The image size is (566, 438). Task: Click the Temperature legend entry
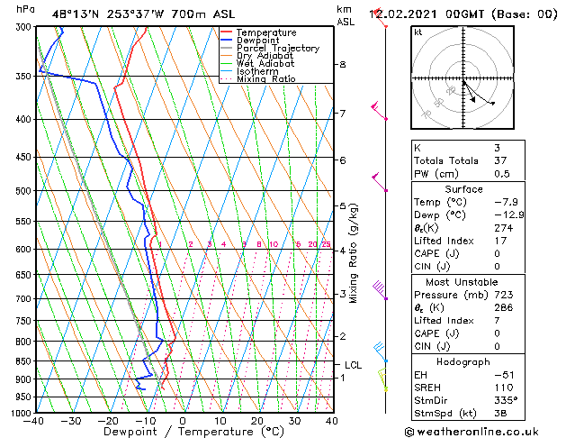265,32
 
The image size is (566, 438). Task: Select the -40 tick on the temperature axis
34,421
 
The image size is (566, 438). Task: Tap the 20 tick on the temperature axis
257,421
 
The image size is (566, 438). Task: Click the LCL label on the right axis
353,365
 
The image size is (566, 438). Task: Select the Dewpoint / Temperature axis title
183,432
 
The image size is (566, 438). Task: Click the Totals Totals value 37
499,160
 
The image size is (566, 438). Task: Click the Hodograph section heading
463,361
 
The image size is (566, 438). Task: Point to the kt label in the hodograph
418,32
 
